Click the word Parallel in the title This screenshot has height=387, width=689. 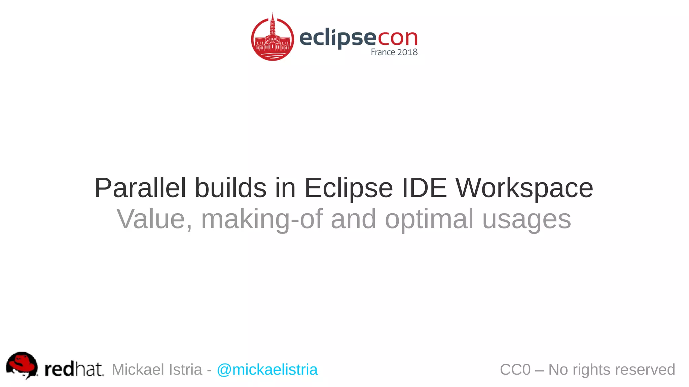pyautogui.click(x=140, y=188)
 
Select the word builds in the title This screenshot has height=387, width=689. pyautogui.click(x=231, y=188)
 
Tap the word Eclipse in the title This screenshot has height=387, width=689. pyautogui.click(x=349, y=188)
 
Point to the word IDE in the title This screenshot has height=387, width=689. pyautogui.click(x=424, y=188)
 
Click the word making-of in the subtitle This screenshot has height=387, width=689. pyautogui.click(x=262, y=219)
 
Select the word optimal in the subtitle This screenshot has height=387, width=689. pyautogui.click(x=429, y=219)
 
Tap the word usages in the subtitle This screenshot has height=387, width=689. pyautogui.click(x=527, y=219)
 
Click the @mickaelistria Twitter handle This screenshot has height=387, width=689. pyautogui.click(x=267, y=370)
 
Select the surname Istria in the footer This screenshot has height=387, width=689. pyautogui.click(x=185, y=370)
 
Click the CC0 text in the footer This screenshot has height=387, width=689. pyautogui.click(x=515, y=370)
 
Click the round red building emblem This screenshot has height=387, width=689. pyautogui.click(x=273, y=38)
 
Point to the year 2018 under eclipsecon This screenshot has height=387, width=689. pyautogui.click(x=407, y=52)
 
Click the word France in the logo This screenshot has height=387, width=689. pyautogui.click(x=383, y=52)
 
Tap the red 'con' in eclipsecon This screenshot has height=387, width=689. pyautogui.click(x=398, y=38)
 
